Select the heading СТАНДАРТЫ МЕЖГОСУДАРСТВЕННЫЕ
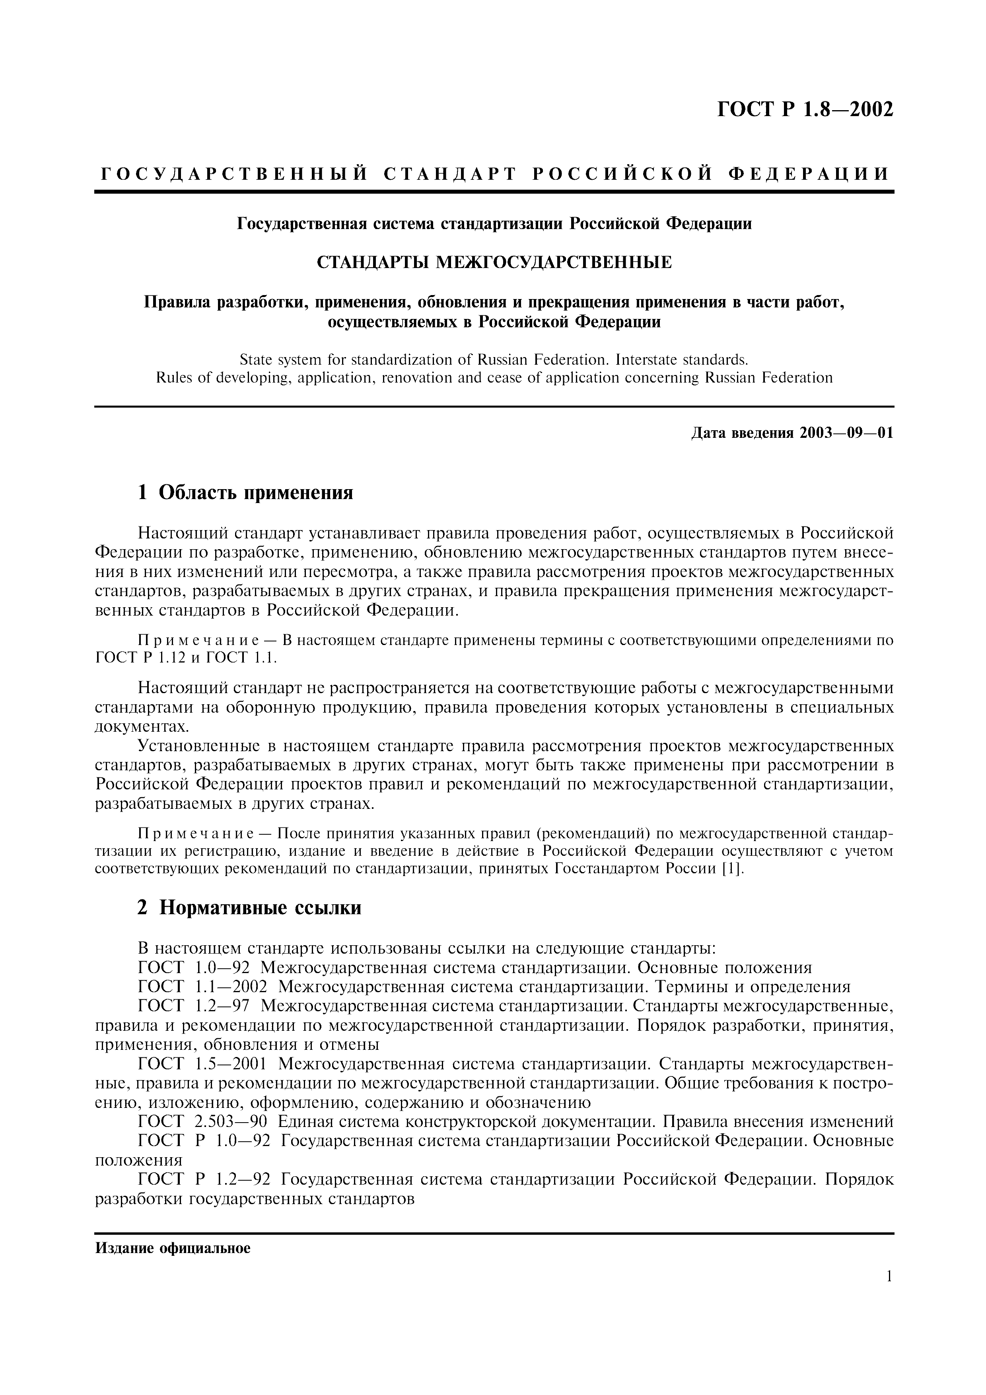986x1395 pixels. tap(494, 262)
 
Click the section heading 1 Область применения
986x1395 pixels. tap(245, 492)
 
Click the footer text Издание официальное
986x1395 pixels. tap(173, 1249)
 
